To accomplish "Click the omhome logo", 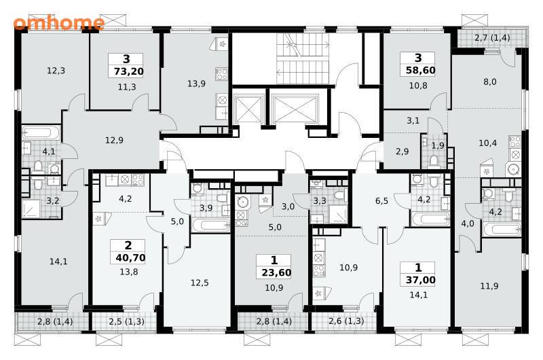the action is pyautogui.click(x=59, y=22).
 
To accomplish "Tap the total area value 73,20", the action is pyautogui.click(x=129, y=72).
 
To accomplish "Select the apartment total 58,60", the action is pyautogui.click(x=420, y=71).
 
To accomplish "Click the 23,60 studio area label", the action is pyautogui.click(x=276, y=272).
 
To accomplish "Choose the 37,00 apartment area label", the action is pyautogui.click(x=420, y=280).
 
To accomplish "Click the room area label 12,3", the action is pyautogui.click(x=56, y=71).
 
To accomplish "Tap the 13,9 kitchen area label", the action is pyautogui.click(x=196, y=84).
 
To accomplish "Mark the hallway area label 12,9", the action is pyautogui.click(x=114, y=141).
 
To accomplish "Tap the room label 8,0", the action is pyautogui.click(x=489, y=82).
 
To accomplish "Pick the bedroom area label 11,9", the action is pyautogui.click(x=489, y=286).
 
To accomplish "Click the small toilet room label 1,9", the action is pyautogui.click(x=438, y=146).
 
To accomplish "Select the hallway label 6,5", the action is pyautogui.click(x=381, y=201).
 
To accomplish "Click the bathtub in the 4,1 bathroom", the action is pyautogui.click(x=41, y=132).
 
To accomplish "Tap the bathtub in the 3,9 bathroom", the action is pyautogui.click(x=210, y=226).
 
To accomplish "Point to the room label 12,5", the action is pyautogui.click(x=200, y=283).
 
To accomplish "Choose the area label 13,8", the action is pyautogui.click(x=129, y=272).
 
